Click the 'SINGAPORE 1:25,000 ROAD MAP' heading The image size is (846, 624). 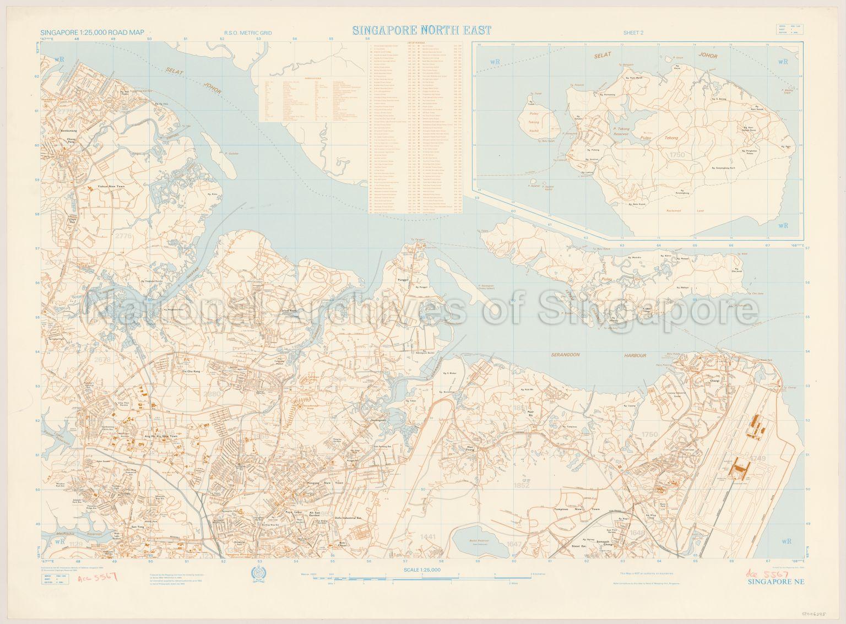(92, 32)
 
